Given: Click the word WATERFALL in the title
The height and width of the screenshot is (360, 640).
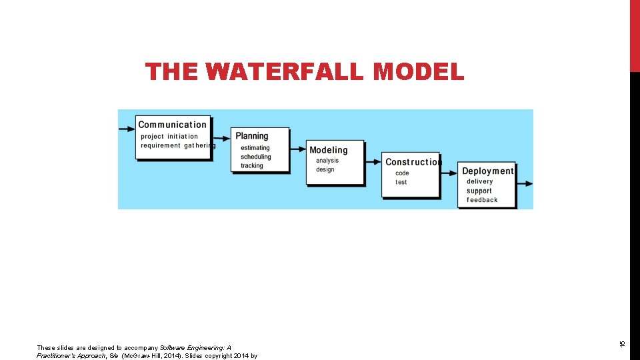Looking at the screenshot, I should click(285, 71).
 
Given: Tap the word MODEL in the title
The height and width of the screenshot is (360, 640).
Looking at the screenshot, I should click(419, 71).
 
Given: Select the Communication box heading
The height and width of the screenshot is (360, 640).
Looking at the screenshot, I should click(172, 125).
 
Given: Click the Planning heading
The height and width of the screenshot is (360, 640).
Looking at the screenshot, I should click(252, 136).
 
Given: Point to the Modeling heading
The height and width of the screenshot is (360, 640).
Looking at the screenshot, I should click(329, 150).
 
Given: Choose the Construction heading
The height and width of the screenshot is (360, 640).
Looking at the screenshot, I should click(413, 162).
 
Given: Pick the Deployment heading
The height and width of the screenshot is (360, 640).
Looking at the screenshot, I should click(488, 171).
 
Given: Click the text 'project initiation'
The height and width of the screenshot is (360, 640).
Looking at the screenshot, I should click(169, 137).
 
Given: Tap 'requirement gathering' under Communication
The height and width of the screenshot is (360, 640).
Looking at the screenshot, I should click(178, 145).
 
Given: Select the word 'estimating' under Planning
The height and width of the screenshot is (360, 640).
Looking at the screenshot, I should click(255, 148).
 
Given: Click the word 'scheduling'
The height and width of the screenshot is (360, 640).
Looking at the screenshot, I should click(256, 157).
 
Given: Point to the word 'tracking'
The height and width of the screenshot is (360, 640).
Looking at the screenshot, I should click(252, 165).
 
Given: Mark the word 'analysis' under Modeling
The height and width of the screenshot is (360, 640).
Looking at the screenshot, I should click(327, 161).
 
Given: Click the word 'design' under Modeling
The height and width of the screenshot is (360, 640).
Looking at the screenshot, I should click(325, 169).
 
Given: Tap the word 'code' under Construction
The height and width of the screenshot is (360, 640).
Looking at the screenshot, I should click(402, 173).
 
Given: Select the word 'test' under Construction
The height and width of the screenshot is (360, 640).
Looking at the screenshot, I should click(401, 182).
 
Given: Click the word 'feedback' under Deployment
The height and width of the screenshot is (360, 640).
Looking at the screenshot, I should click(482, 200).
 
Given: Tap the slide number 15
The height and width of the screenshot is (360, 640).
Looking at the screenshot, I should click(621, 343).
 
